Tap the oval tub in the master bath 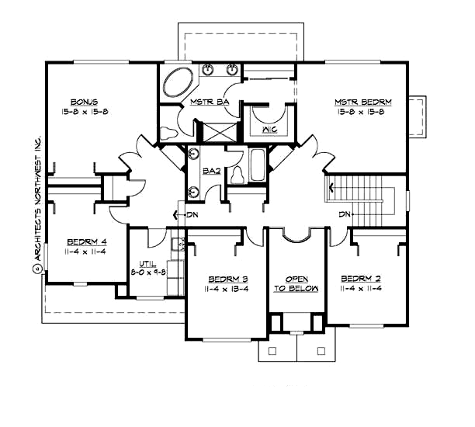(x=177, y=82)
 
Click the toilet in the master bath (x=168, y=133)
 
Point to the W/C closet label (x=270, y=129)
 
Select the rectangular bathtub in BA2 (x=257, y=165)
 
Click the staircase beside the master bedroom (x=362, y=194)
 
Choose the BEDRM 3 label (x=227, y=279)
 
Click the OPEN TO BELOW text (x=298, y=284)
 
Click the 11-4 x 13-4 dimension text (x=227, y=290)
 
